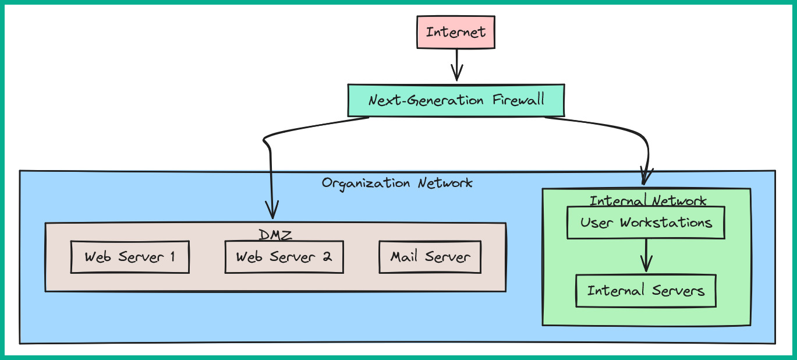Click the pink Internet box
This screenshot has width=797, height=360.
pyautogui.click(x=455, y=32)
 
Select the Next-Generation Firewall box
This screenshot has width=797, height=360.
pyautogui.click(x=456, y=100)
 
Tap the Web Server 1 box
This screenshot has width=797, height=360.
pyautogui.click(x=130, y=257)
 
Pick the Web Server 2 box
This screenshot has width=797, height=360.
pyautogui.click(x=284, y=257)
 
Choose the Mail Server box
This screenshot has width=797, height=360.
pyautogui.click(x=430, y=257)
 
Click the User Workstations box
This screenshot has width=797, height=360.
pyautogui.click(x=646, y=223)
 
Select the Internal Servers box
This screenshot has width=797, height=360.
pyautogui.click(x=646, y=291)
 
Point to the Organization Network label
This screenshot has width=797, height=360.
pyautogui.click(x=397, y=183)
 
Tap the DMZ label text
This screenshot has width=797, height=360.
pyautogui.click(x=275, y=235)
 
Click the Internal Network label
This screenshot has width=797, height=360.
pyautogui.click(x=647, y=201)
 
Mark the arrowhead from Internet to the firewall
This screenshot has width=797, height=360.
pyautogui.click(x=457, y=74)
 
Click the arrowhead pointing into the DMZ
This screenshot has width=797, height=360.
pyautogui.click(x=272, y=210)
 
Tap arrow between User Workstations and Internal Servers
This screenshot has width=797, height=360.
pyautogui.click(x=646, y=256)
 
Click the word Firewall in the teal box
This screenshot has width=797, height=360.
pyautogui.click(x=517, y=100)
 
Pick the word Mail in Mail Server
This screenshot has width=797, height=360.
pyautogui.click(x=405, y=257)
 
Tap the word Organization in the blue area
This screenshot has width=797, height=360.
pyautogui.click(x=366, y=183)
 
